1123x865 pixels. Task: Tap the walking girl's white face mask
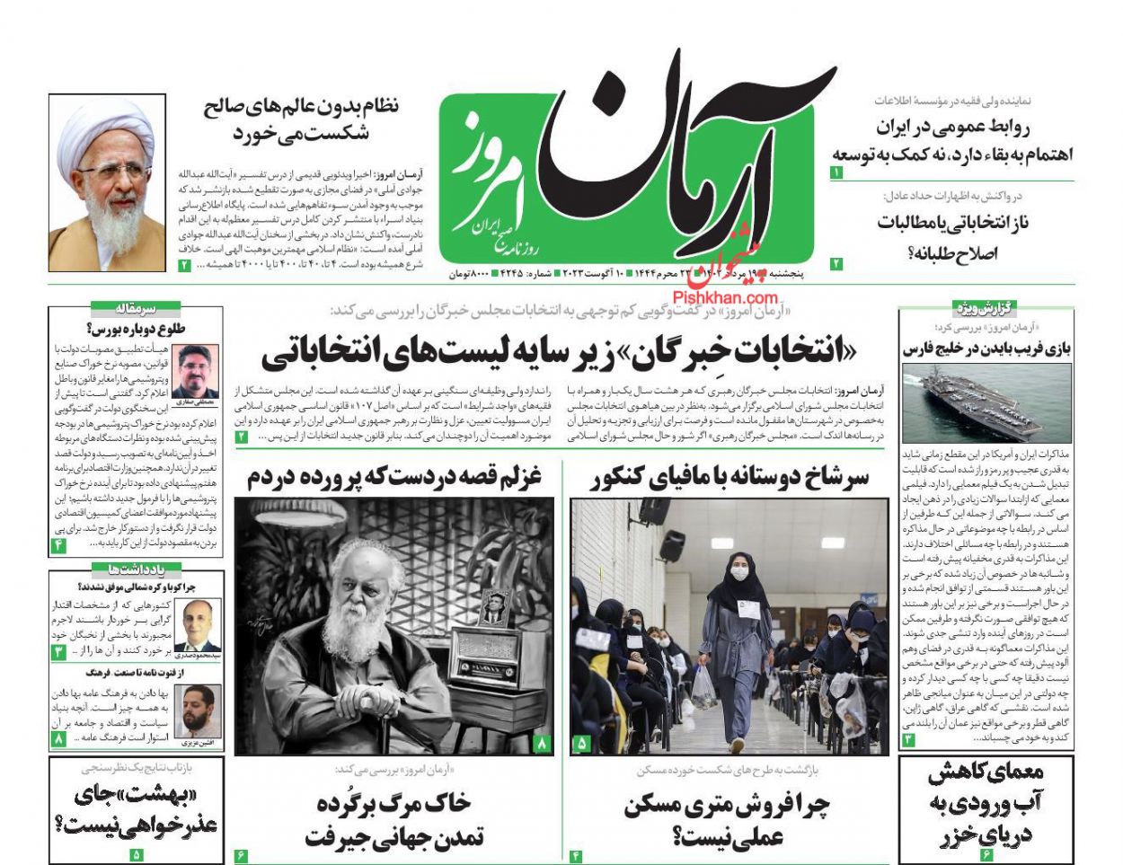[x=738, y=571]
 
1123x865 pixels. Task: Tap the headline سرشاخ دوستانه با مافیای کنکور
[x=729, y=478]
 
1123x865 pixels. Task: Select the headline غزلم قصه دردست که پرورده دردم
[x=394, y=478]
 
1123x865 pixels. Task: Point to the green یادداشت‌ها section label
[x=137, y=569]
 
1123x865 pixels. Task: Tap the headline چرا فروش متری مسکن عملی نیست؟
[x=728, y=821]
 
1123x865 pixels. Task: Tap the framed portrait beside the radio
[x=492, y=608]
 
